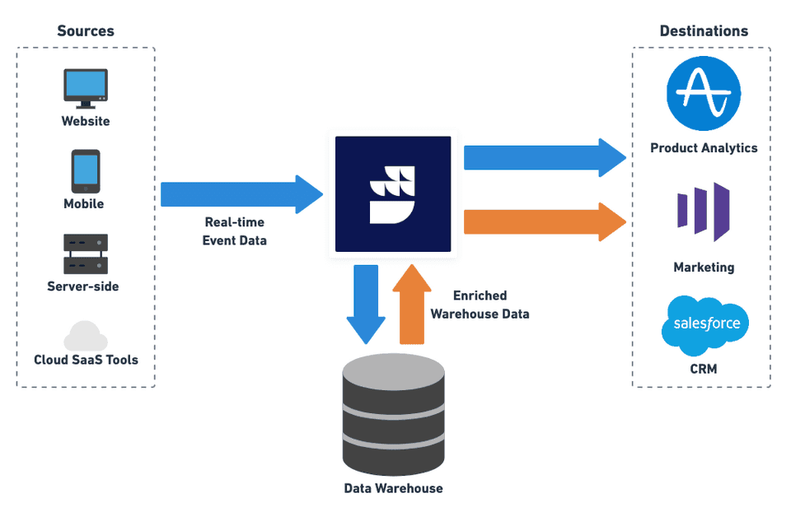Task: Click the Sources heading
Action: coord(86,31)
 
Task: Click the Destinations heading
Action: coord(704,31)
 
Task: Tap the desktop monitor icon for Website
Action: coord(86,87)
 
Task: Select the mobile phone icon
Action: coord(85,171)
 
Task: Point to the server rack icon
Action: coord(86,254)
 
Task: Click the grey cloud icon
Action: coord(86,337)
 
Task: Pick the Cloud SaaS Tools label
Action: coord(86,360)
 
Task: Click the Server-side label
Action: coord(83,286)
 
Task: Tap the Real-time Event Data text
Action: coord(235,231)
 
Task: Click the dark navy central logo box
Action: coord(393,194)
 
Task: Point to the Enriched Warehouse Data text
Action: coord(480,305)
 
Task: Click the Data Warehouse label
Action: coord(393,488)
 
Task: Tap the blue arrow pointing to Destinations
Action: coord(544,157)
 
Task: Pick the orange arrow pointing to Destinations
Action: coord(544,221)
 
